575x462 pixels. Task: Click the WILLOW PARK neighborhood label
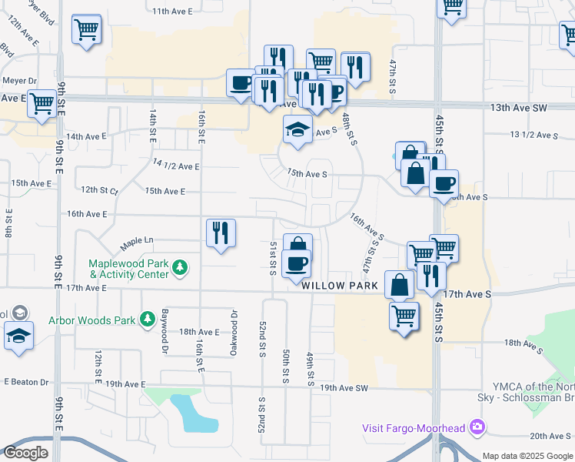340,286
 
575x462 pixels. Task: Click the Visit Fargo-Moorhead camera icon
478,427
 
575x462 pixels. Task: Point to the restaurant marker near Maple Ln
221,233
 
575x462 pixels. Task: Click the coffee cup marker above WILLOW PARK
297,265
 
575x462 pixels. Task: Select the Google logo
25,453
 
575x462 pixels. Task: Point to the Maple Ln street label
137,244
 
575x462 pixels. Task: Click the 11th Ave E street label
172,12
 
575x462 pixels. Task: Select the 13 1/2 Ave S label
533,136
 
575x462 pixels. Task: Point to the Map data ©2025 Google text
527,456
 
